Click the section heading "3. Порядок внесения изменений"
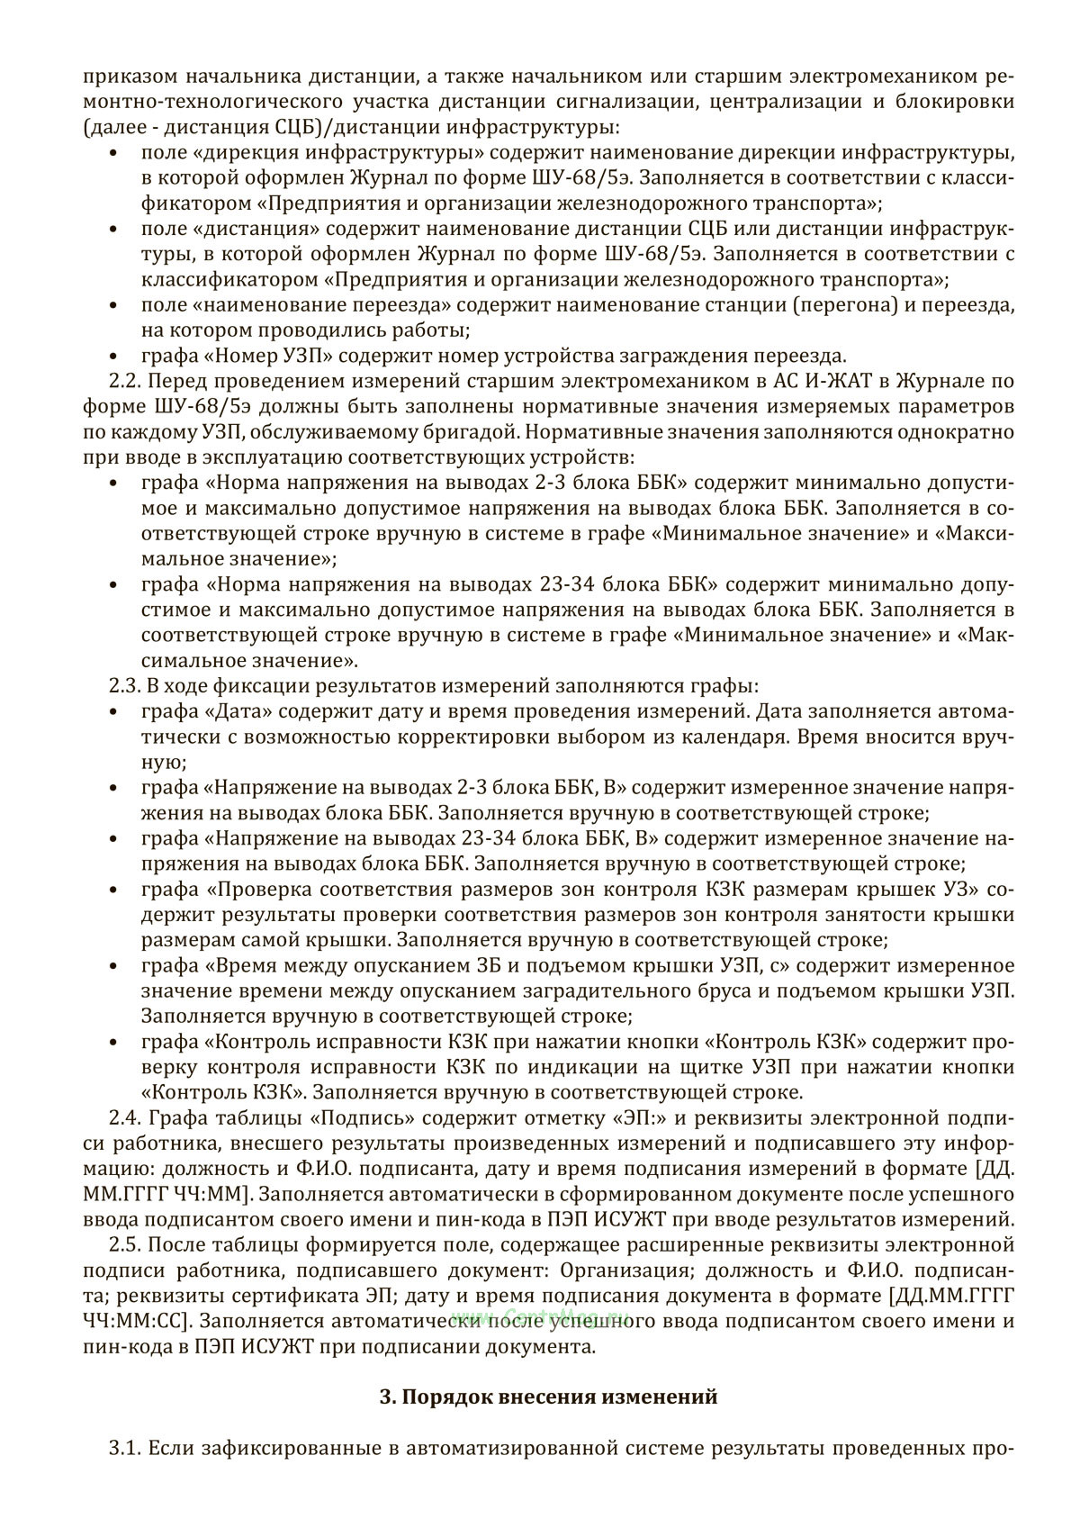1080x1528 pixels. (x=549, y=1397)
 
